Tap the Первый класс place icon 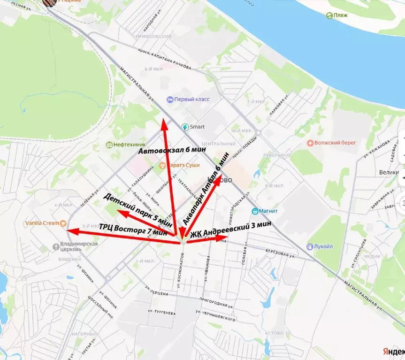170,100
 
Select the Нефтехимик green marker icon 109,145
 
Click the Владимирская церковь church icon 56,246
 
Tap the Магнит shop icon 255,211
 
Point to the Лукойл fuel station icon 310,246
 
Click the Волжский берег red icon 310,143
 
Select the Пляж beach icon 330,15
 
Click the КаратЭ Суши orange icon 162,165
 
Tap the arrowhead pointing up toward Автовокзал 162,123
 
